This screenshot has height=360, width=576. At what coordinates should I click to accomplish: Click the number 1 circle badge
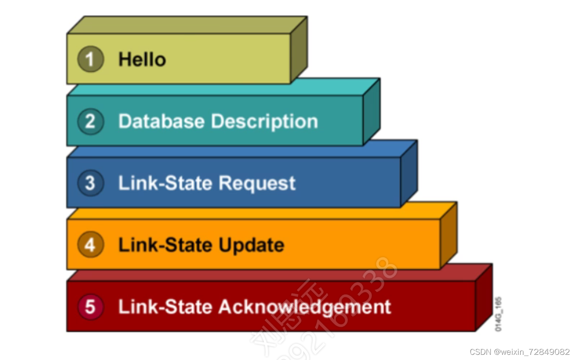90,59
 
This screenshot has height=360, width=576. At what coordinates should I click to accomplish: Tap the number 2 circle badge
90,121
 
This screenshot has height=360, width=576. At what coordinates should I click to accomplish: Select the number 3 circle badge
90,183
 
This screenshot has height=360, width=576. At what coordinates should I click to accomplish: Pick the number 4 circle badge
90,245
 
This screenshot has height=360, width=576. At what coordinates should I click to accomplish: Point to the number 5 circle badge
90,307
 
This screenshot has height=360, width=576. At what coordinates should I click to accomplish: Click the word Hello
142,59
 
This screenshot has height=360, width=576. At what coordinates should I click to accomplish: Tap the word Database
162,121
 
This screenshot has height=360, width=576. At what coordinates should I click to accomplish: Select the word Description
264,122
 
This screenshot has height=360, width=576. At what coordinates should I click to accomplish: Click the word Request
257,184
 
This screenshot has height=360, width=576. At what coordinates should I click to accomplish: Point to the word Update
251,245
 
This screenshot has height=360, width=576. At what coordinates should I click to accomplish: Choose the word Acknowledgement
305,307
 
